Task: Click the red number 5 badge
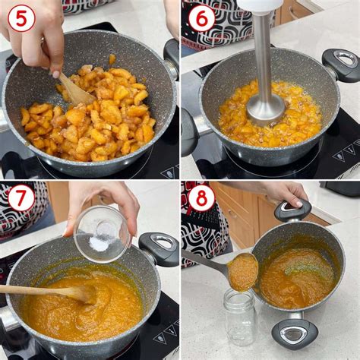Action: click(x=21, y=19)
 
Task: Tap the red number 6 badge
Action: click(x=201, y=19)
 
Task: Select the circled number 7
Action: click(x=21, y=198)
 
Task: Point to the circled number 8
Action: click(x=201, y=198)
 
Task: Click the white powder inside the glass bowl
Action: click(x=99, y=245)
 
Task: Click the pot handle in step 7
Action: click(x=159, y=248)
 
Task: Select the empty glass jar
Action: click(x=240, y=317)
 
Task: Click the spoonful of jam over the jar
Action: click(x=243, y=272)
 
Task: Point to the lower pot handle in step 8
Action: click(x=295, y=333)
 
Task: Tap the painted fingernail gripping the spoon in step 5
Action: click(x=55, y=74)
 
